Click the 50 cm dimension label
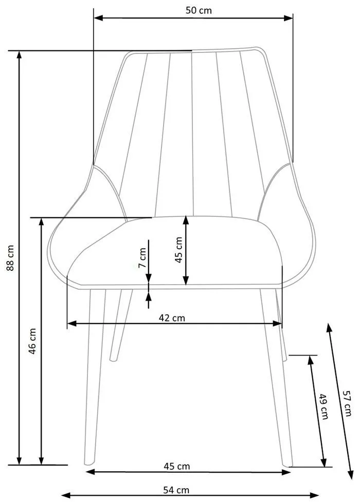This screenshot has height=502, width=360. pyautogui.click(x=199, y=10)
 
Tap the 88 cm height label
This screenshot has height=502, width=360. pyautogui.click(x=11, y=258)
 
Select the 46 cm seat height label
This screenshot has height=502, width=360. pyautogui.click(x=32, y=341)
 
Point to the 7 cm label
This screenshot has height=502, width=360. pyautogui.click(x=142, y=258)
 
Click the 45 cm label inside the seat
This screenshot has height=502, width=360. pyautogui.click(x=178, y=250)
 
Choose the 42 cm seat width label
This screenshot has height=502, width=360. pyautogui.click(x=172, y=318)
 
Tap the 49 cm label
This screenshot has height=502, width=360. pyautogui.click(x=323, y=406)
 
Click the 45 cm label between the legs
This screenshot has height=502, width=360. pyautogui.click(x=176, y=466)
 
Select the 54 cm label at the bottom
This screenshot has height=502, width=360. pyautogui.click(x=176, y=490)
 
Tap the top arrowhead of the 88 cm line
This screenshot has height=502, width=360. pyautogui.click(x=19, y=55)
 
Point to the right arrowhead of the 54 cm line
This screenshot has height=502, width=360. pyautogui.click(x=314, y=495)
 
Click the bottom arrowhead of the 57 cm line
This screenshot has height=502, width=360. pyautogui.click(x=351, y=475)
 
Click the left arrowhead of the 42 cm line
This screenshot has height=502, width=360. pyautogui.click(x=71, y=323)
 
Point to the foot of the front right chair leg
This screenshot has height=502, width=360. pyautogui.click(x=288, y=463)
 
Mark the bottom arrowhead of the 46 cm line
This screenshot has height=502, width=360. pyautogui.click(x=41, y=460)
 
